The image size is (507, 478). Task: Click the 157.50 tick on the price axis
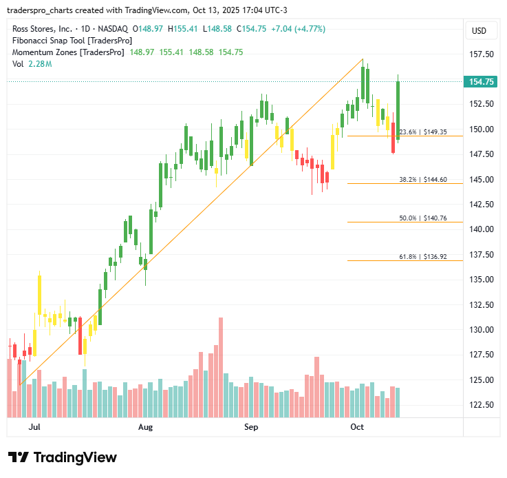point(482,54)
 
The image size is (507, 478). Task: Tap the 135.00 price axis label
point(482,280)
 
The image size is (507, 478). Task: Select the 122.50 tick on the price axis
point(482,405)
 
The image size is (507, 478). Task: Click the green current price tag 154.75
point(482,82)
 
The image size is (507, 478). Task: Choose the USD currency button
point(478,31)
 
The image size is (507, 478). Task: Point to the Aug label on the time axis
point(145,428)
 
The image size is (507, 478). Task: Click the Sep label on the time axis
point(250,428)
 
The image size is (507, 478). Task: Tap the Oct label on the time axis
point(356,428)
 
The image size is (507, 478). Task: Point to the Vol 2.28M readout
point(32,64)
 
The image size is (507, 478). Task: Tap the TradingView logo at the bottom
point(63,457)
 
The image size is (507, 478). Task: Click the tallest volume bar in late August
point(221,367)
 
